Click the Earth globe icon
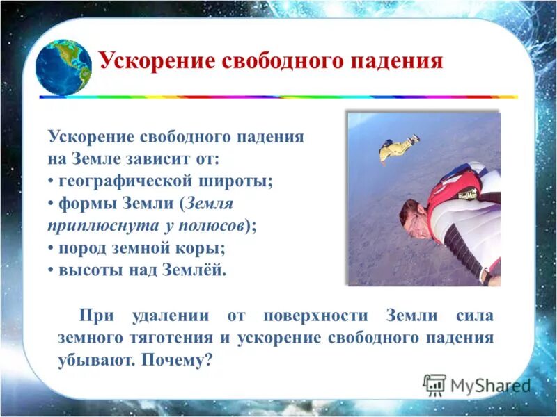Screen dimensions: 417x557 [x=64, y=67]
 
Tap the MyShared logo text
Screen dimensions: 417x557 [x=490, y=385]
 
